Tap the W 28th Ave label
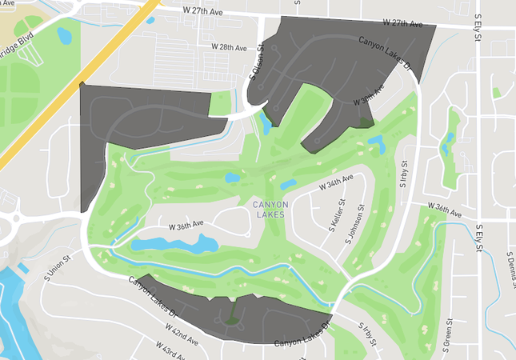point(229,47)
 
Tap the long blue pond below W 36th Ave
point(174,243)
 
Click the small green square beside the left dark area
point(220,102)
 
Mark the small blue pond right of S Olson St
point(265,123)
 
